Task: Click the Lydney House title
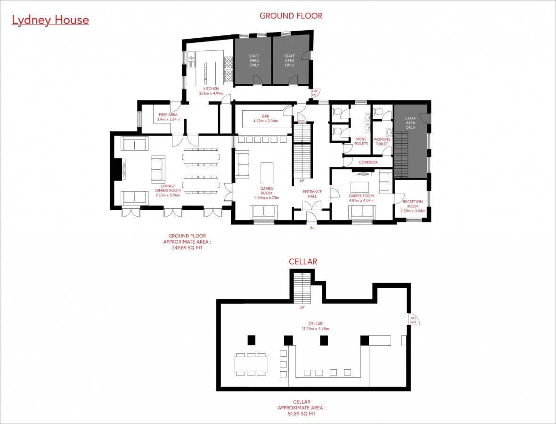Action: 50,20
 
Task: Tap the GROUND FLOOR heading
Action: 291,16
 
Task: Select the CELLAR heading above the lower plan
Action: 303,261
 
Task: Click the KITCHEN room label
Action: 211,89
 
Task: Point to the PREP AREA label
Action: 168,115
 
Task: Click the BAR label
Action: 266,116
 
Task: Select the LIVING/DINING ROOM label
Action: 168,188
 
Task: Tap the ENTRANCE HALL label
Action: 312,194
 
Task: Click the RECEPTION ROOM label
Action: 413,204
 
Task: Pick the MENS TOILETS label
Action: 361,141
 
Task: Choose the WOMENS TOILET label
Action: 382,142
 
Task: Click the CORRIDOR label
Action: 368,163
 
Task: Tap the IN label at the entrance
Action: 311,228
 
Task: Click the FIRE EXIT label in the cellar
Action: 413,320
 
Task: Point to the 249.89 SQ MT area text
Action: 187,248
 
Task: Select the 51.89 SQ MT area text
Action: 302,414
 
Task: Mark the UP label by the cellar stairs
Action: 302,308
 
